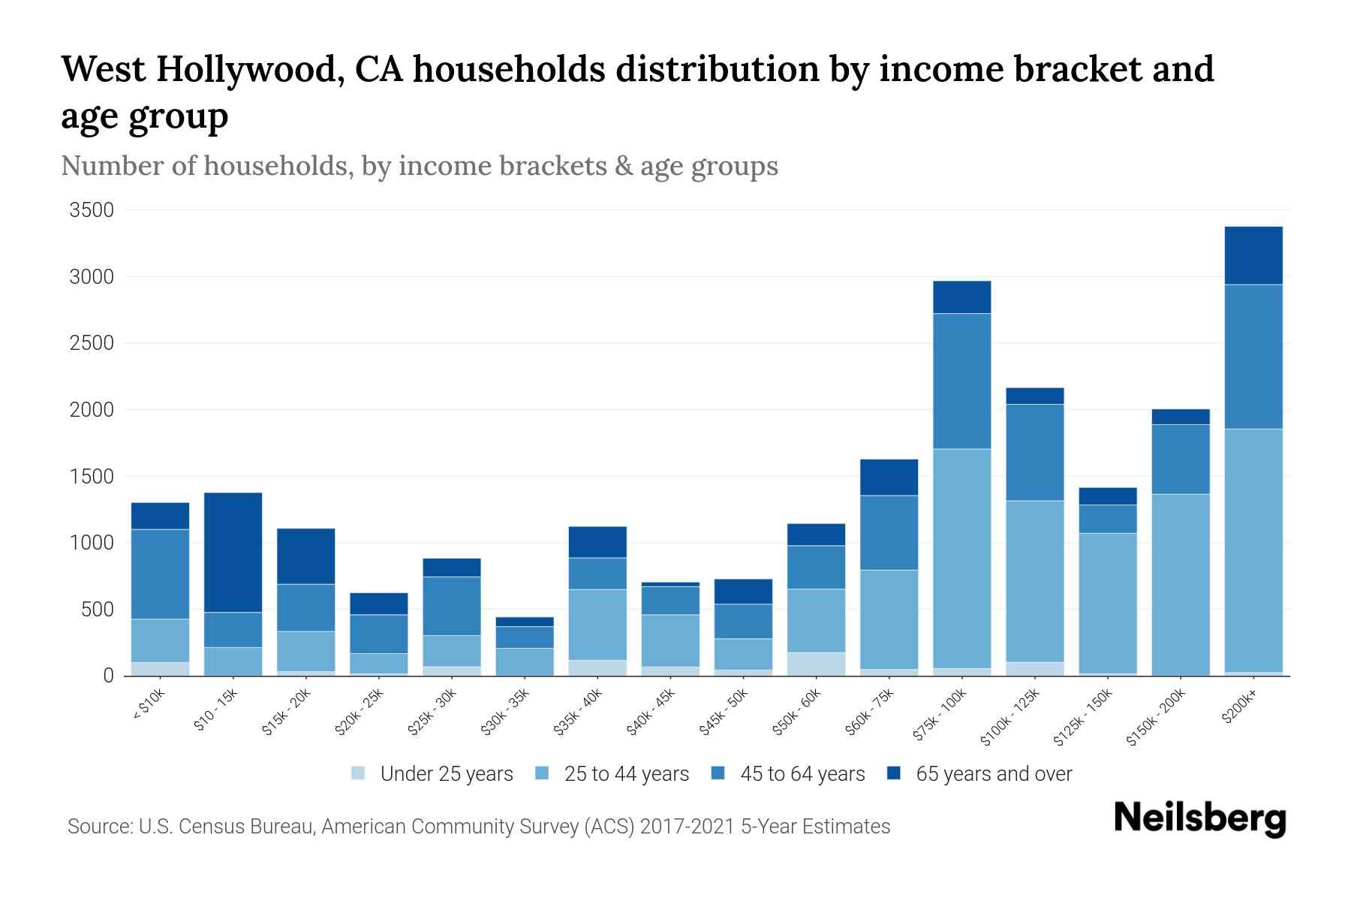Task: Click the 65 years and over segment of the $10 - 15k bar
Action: point(233,552)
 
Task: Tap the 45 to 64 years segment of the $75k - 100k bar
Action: point(961,381)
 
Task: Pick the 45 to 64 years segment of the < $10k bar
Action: point(160,574)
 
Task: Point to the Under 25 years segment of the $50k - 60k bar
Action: point(816,664)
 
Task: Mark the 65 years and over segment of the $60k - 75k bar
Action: point(889,477)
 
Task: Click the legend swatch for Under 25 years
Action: point(359,773)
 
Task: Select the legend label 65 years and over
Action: point(994,774)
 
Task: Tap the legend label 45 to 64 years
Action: point(802,774)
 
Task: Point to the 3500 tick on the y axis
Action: point(92,210)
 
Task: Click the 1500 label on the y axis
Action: point(92,477)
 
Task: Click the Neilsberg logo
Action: point(1199,819)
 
